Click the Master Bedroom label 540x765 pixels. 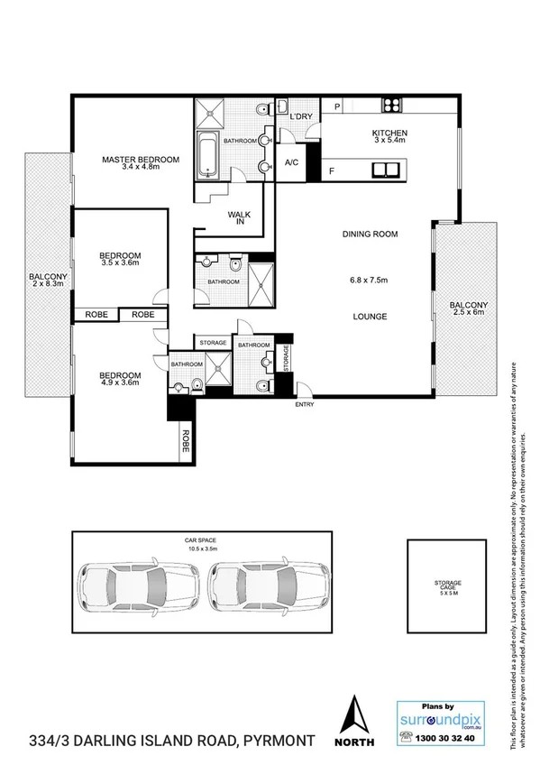[x=140, y=160]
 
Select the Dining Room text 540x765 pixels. [x=370, y=235]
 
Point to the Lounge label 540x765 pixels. [x=371, y=317]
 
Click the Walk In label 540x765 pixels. [x=239, y=218]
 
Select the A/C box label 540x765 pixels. [x=291, y=163]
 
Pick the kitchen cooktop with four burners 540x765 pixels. [x=392, y=105]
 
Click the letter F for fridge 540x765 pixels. [x=332, y=170]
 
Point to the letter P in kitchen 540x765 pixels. [x=337, y=106]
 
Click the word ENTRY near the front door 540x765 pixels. [x=305, y=405]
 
